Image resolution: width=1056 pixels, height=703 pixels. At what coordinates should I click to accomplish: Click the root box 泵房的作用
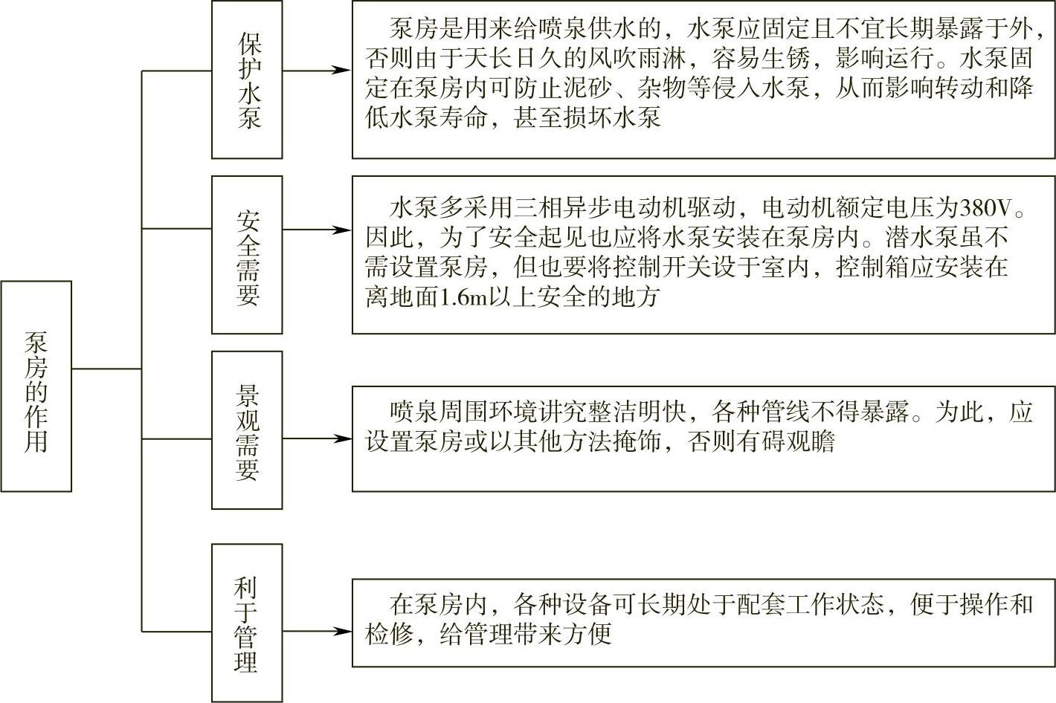tap(36, 386)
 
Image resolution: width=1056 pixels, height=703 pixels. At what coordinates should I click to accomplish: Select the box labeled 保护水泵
tap(247, 80)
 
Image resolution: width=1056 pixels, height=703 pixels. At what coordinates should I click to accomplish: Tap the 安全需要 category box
tap(247, 255)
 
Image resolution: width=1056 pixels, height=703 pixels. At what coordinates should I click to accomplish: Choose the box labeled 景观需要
tap(247, 430)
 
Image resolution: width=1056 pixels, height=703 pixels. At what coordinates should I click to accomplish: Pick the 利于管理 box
tap(247, 623)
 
